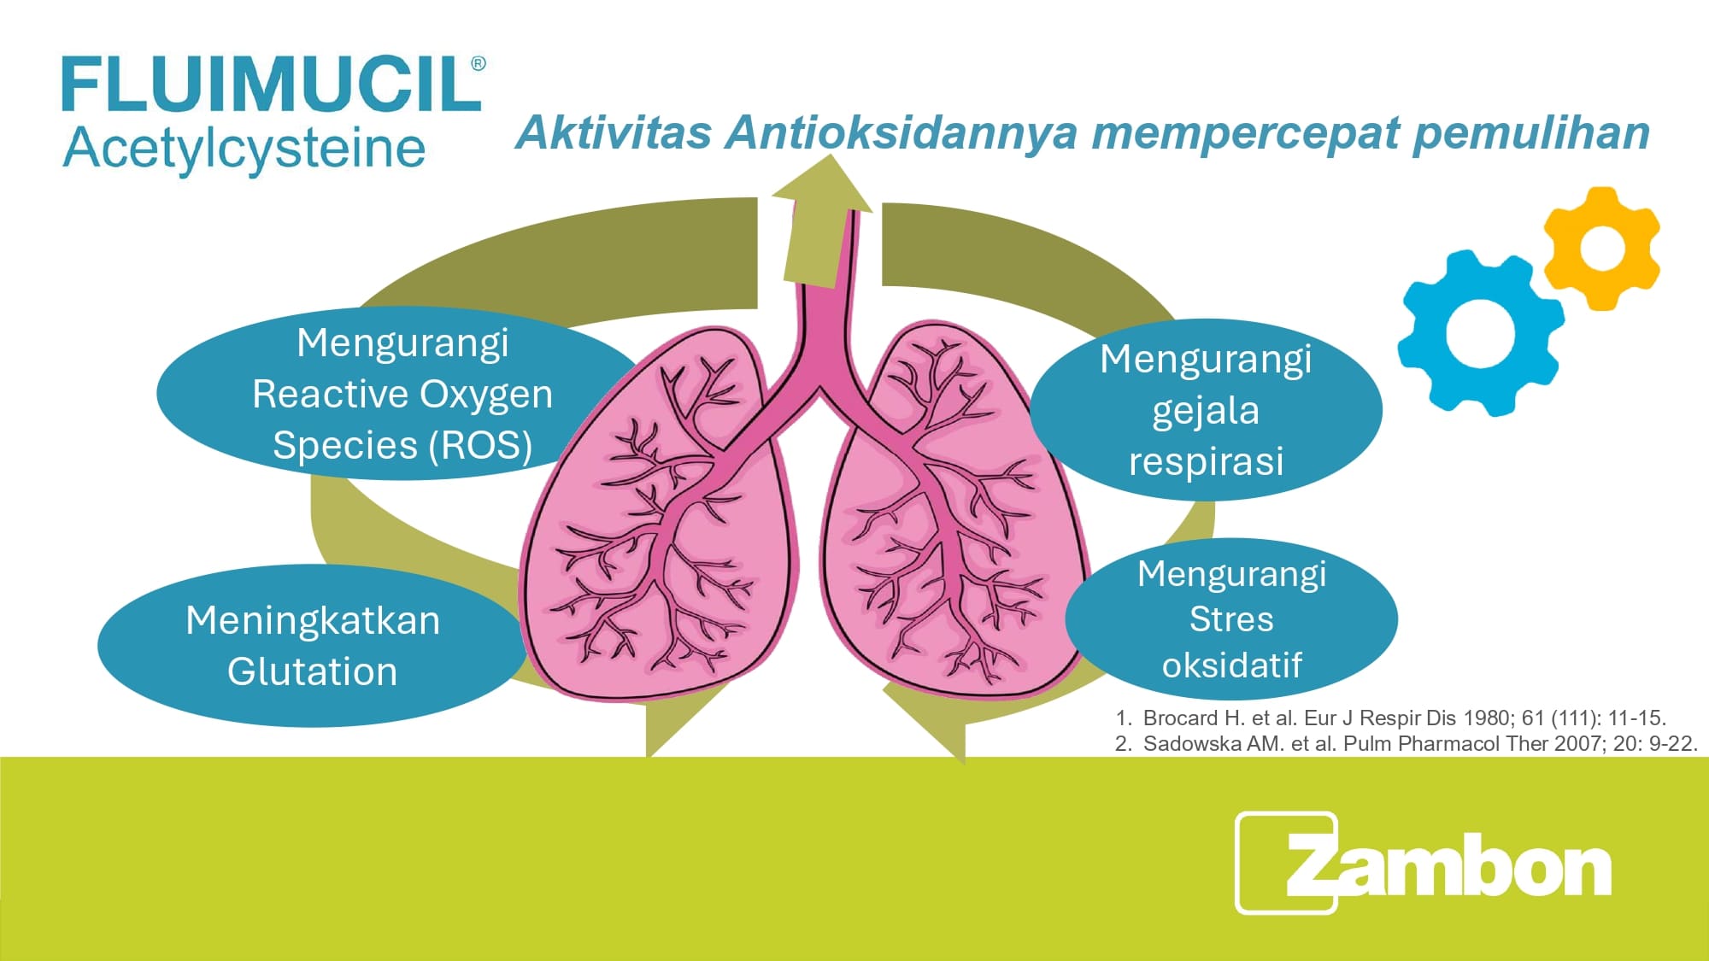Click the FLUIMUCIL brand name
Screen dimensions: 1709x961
(x=272, y=84)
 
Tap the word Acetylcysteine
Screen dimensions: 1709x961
(x=244, y=149)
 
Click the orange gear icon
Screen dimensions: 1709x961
(x=1602, y=248)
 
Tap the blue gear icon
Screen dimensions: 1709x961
(x=1481, y=332)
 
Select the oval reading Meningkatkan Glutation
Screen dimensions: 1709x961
(x=312, y=645)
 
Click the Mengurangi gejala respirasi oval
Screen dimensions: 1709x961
(x=1206, y=409)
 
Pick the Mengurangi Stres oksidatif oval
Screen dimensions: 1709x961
(x=1231, y=619)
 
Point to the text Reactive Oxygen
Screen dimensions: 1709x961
(x=402, y=394)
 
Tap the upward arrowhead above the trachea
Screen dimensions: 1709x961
(x=822, y=184)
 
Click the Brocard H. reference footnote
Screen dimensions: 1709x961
(x=1391, y=718)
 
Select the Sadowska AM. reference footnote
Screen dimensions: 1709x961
(x=1407, y=743)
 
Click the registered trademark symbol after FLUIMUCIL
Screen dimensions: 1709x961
(x=479, y=63)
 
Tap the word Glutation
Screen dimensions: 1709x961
(x=312, y=671)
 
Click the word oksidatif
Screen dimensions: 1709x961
(x=1231, y=665)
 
